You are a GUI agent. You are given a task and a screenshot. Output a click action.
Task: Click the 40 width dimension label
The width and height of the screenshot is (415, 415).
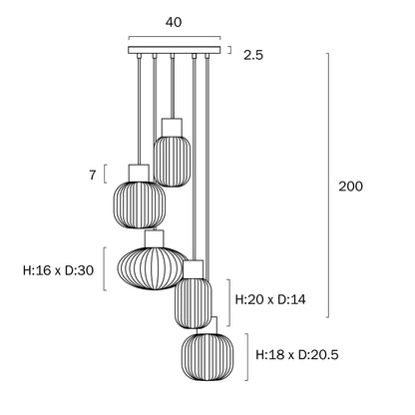pos(174,22)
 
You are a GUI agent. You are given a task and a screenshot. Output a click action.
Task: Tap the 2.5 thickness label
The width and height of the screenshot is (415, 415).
pos(253,55)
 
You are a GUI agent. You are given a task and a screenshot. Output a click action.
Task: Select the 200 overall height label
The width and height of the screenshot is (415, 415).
pos(350,187)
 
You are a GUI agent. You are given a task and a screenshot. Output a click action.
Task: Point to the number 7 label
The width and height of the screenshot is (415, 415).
pos(93,175)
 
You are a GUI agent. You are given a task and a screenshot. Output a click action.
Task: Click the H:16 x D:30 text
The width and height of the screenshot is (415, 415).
pos(58,270)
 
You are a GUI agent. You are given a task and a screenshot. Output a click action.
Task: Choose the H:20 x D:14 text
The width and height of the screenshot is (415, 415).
pos(270,299)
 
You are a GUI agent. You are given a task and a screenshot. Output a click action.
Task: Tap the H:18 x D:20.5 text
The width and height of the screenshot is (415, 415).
pos(297,355)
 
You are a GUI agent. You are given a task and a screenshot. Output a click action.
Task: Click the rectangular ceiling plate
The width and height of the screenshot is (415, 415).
pos(175,50)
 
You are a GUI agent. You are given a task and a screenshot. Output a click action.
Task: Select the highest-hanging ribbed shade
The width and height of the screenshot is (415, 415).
pos(172,161)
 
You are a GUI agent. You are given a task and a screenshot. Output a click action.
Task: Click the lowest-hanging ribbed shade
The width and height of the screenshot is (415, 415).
pos(207,357)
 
